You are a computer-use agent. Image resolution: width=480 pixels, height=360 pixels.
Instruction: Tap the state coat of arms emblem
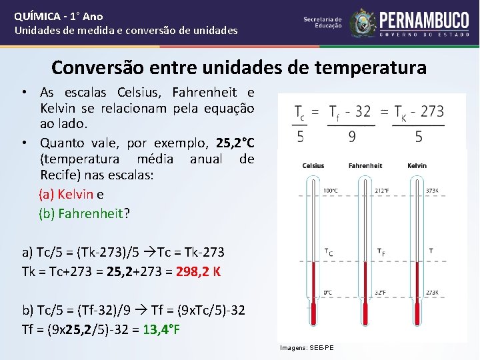pos(363,22)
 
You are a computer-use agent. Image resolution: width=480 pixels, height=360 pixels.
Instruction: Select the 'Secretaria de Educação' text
pos(323,23)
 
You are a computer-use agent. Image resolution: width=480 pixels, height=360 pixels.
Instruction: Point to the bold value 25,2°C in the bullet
pos(235,143)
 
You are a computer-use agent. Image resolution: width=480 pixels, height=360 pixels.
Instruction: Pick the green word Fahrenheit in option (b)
pos(91,214)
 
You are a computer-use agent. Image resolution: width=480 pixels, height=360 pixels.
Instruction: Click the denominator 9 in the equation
pos(351,136)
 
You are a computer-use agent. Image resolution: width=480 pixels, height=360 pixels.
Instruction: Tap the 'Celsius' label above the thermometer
pos(313,165)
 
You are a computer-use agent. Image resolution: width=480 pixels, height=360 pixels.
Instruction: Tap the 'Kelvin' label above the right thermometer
pos(417,165)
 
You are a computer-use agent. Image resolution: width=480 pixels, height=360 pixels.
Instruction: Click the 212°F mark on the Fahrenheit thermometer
pos(382,191)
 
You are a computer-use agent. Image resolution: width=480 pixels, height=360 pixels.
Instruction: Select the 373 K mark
pos(432,191)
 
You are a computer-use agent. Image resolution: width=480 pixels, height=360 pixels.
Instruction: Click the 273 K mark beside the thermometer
pos(432,292)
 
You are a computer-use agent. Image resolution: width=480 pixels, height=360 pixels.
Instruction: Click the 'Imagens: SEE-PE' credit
pos(307,348)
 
